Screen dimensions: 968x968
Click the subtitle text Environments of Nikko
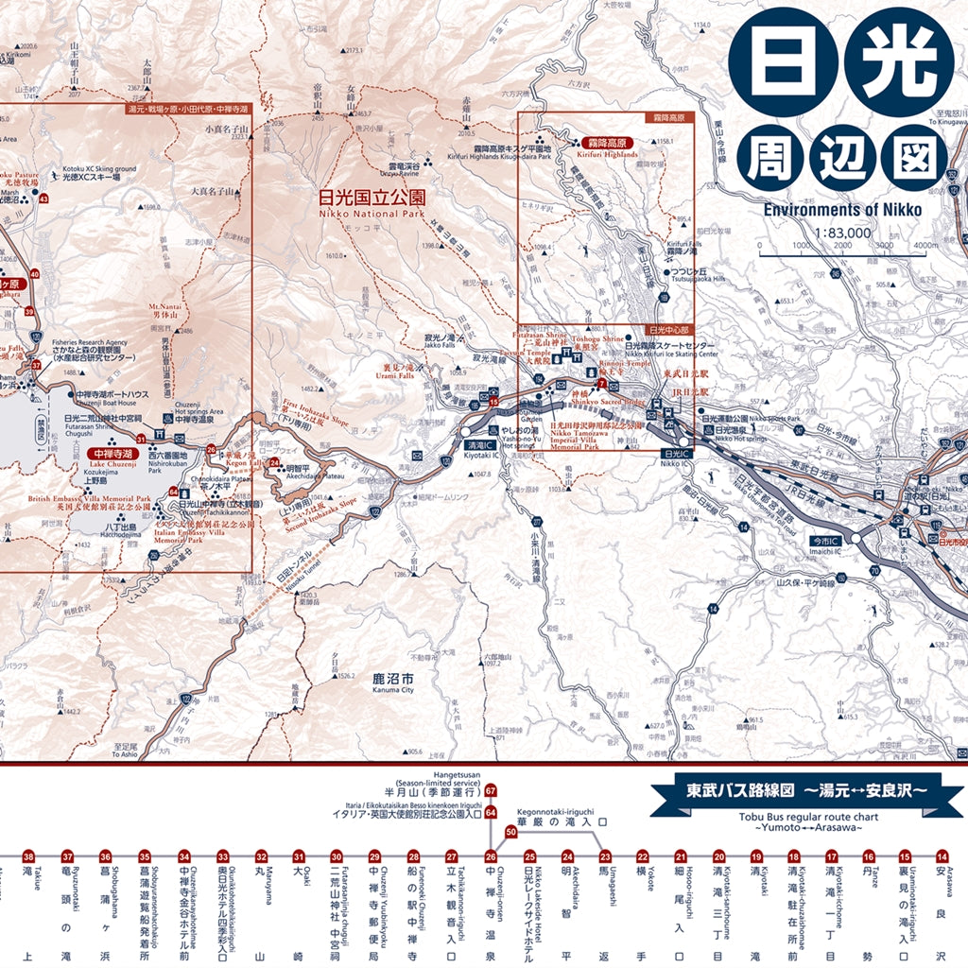[x=844, y=209]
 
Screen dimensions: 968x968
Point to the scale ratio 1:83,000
[x=845, y=232]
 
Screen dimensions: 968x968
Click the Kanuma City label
[x=393, y=684]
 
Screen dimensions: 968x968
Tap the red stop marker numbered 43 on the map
[x=44, y=199]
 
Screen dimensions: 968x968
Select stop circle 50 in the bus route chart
[x=511, y=832]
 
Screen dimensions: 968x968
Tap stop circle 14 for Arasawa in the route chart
[x=942, y=856]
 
